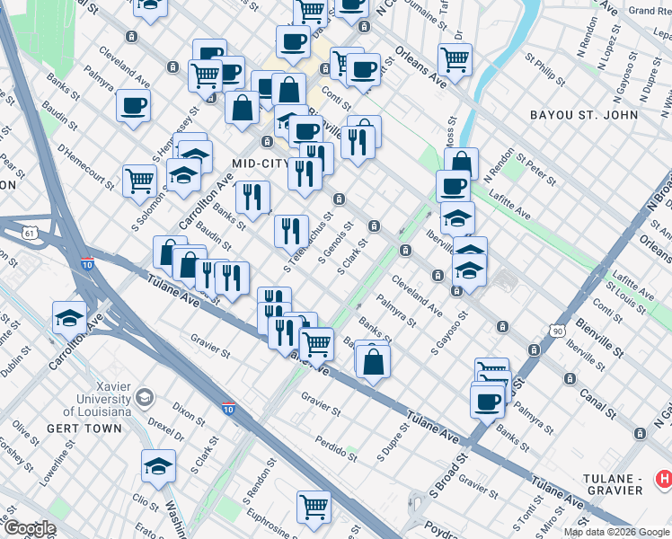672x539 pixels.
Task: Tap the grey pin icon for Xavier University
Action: point(144,396)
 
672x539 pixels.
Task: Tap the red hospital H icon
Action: point(663,481)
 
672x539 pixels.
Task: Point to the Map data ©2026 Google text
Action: point(615,532)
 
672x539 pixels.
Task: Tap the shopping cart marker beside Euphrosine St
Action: point(314,506)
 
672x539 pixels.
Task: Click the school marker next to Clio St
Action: point(158,465)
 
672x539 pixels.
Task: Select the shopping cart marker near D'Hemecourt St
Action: point(139,181)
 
